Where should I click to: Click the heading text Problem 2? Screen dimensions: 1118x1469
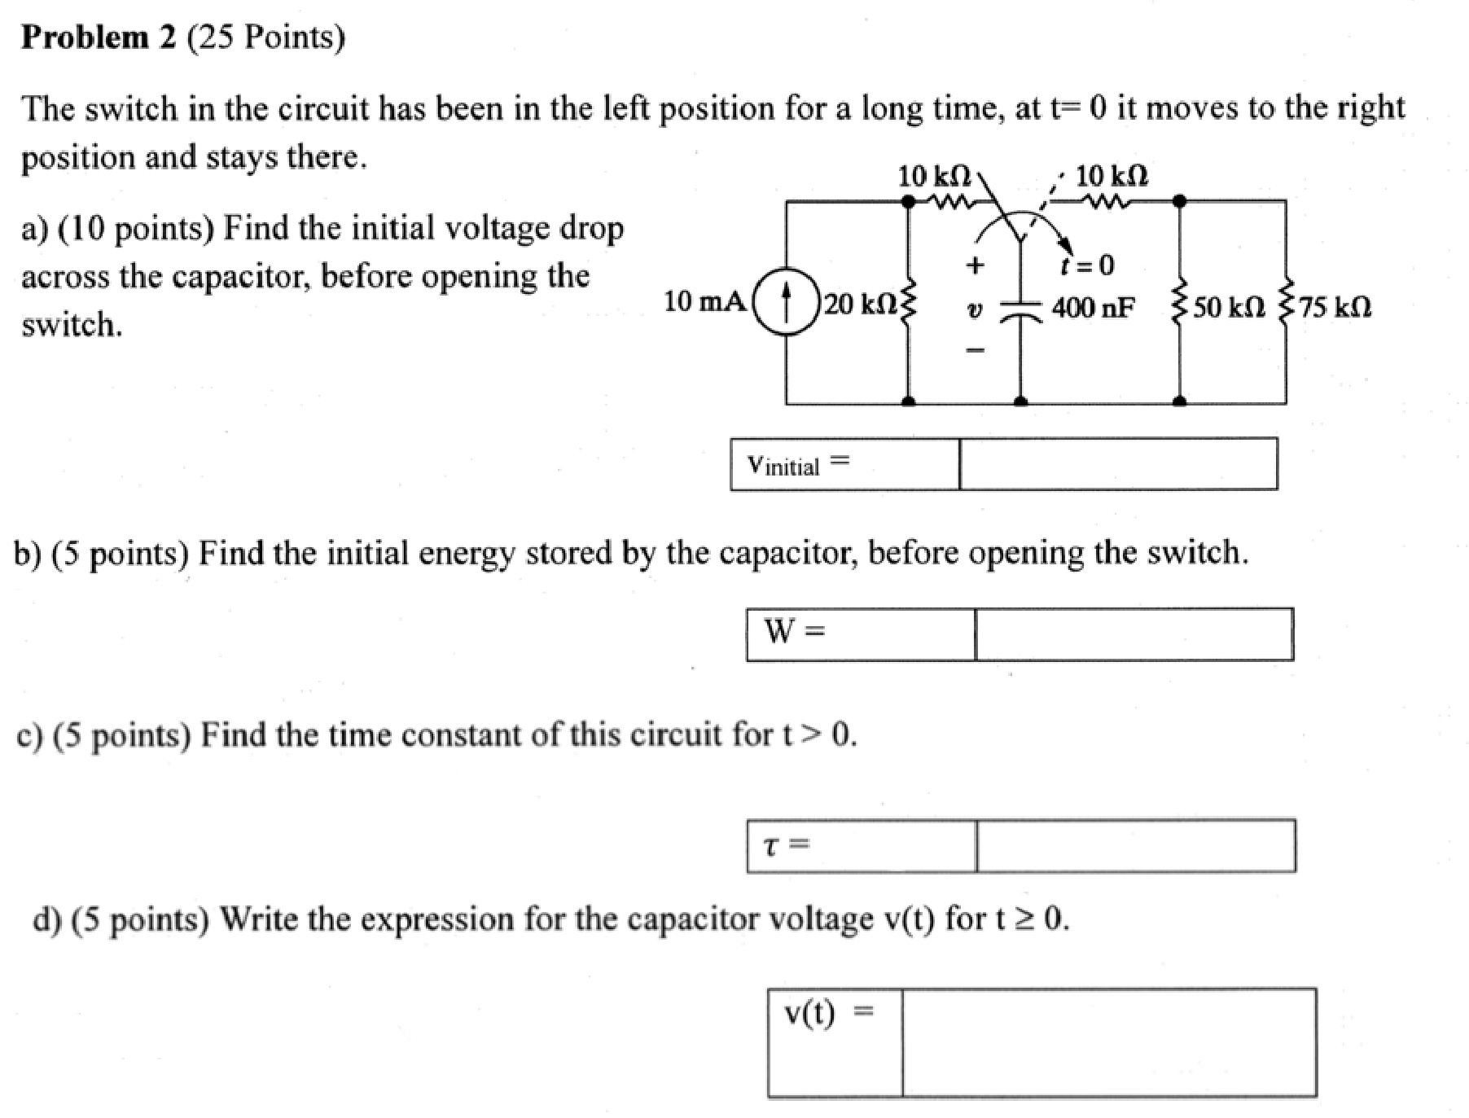click(x=98, y=37)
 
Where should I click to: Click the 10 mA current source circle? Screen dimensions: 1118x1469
click(x=786, y=302)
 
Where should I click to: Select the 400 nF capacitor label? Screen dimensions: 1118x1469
click(x=1093, y=308)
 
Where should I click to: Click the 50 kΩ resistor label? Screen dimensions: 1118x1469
click(x=1229, y=308)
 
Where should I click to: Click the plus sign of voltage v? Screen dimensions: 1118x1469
click(x=975, y=265)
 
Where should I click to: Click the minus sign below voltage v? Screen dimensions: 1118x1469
click(x=975, y=350)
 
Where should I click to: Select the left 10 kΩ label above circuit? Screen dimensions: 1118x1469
click(x=933, y=176)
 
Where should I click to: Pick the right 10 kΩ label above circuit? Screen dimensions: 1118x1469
click(x=1111, y=176)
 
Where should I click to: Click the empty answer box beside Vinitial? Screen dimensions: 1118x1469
click(x=1117, y=464)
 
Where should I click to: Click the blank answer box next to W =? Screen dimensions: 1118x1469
click(x=1133, y=634)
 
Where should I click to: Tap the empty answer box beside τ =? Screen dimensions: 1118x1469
click(x=1135, y=846)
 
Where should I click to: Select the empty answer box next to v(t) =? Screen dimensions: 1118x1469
click(x=1108, y=1042)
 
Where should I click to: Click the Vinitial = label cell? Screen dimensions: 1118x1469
click(x=844, y=464)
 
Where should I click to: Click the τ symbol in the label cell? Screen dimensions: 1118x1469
click(x=770, y=846)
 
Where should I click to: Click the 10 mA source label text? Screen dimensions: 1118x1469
click(x=704, y=302)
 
